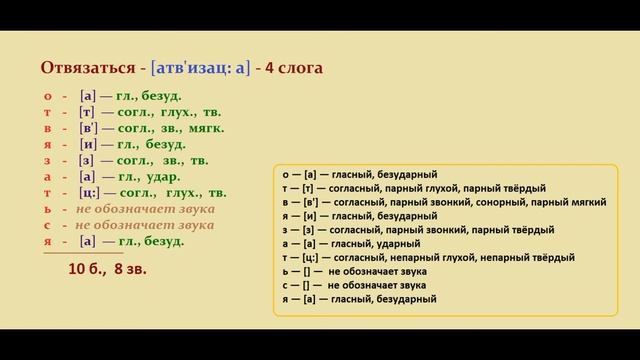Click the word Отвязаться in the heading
[x=88, y=68]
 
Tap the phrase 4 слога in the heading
[x=297, y=68]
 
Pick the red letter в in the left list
[x=47, y=128]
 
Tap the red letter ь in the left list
[x=47, y=209]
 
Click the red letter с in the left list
[x=47, y=225]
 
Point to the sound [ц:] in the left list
[x=91, y=193]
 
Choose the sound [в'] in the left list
[x=90, y=128]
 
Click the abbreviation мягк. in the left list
[x=205, y=128]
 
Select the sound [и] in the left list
[x=88, y=144]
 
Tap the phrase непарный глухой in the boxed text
[x=433, y=258]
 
